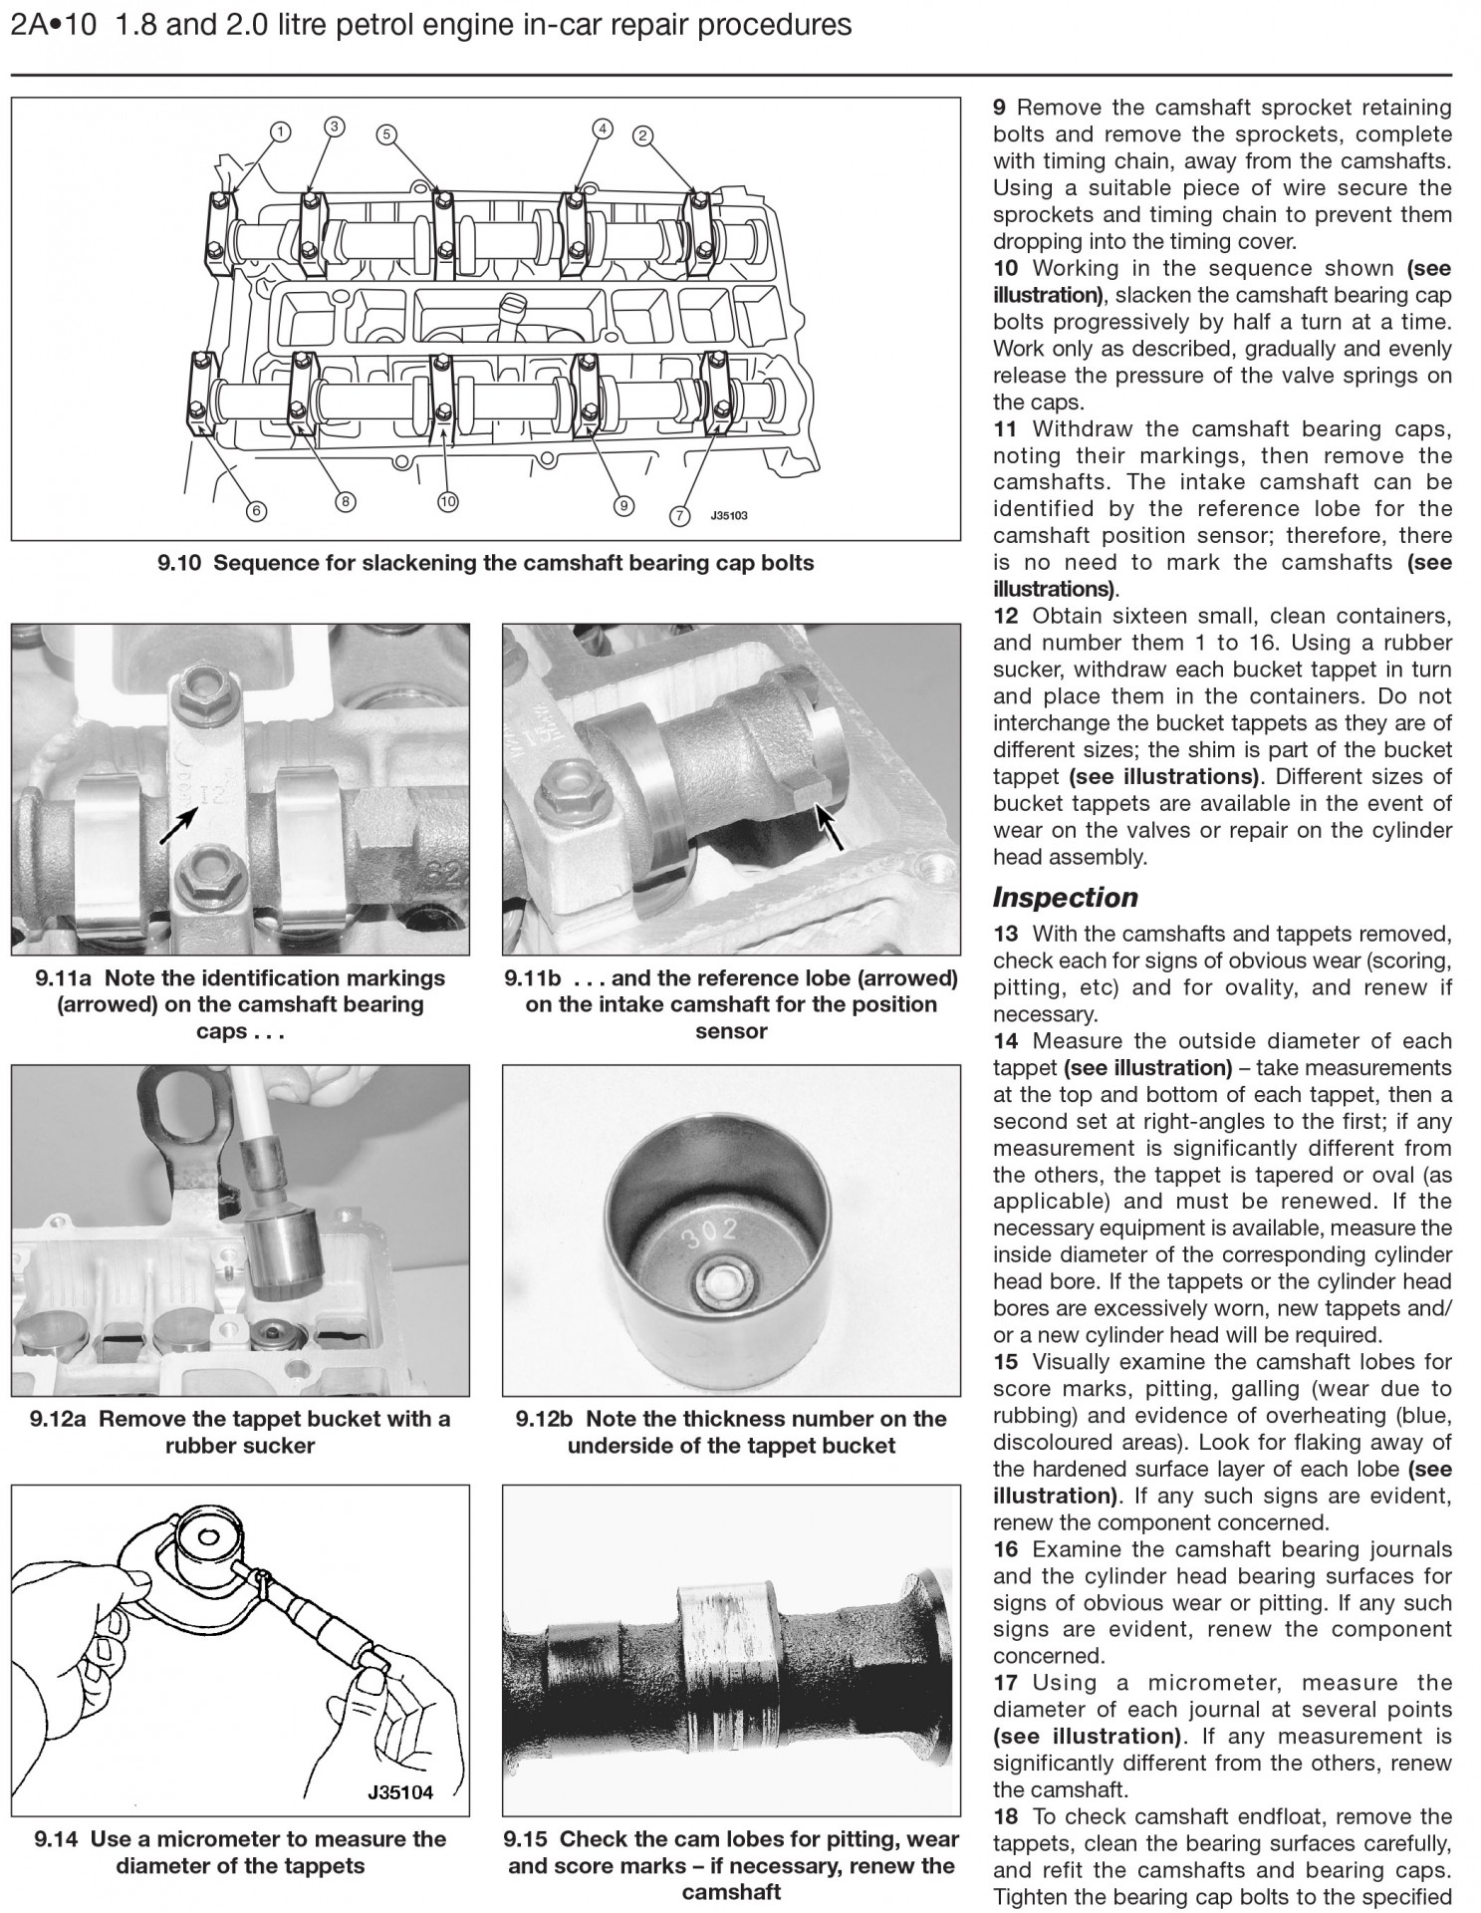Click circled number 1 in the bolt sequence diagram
click(x=282, y=132)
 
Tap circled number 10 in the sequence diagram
click(x=447, y=502)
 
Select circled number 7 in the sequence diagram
click(x=680, y=516)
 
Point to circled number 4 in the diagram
click(x=602, y=128)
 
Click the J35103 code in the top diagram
click(x=728, y=516)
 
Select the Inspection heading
click(x=1065, y=898)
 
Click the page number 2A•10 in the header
click(x=54, y=25)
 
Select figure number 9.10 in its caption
click(x=179, y=563)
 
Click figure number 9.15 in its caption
click(x=528, y=1839)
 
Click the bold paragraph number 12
click(x=1005, y=616)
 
